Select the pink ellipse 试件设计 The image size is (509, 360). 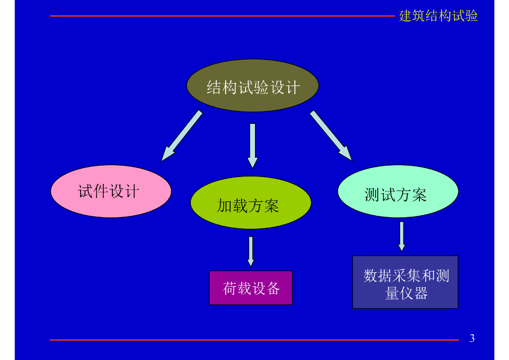(x=111, y=191)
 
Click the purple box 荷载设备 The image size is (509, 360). (x=251, y=287)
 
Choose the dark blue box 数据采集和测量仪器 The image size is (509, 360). (x=405, y=282)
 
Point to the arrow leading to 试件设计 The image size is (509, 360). (x=182, y=135)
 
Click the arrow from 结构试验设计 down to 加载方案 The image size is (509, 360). (x=253, y=145)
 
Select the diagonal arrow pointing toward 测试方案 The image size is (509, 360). (x=331, y=135)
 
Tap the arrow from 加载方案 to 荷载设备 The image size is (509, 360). (x=251, y=251)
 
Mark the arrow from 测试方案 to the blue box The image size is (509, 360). (x=402, y=236)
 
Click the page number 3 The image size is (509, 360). (x=472, y=339)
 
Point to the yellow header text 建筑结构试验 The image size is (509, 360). (x=438, y=16)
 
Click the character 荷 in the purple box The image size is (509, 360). (x=230, y=288)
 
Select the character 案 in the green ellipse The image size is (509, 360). (x=271, y=205)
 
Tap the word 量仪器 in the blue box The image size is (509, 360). (x=406, y=293)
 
